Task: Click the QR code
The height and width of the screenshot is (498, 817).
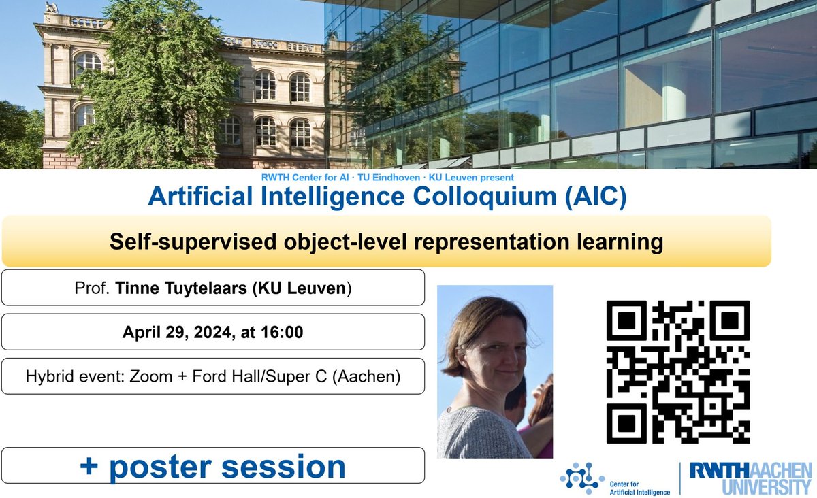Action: coord(678,372)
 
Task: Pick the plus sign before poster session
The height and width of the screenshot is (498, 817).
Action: coord(89,467)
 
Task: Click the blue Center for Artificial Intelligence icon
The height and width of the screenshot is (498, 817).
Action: coord(582,477)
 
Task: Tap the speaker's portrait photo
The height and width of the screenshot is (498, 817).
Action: coord(495,371)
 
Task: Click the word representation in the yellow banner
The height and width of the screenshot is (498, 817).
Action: coord(482,242)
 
